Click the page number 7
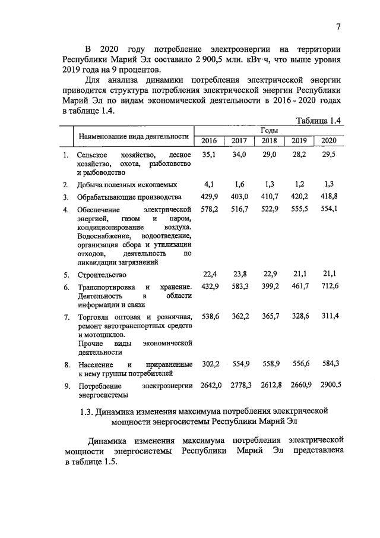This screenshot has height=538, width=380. (338, 26)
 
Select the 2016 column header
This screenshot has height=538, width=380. (209, 141)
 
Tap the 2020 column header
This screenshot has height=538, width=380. (328, 141)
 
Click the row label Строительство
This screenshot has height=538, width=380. (102, 275)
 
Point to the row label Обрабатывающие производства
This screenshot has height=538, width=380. (129, 197)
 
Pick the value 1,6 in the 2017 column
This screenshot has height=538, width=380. (239, 184)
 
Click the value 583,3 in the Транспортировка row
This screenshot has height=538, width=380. (239, 287)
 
